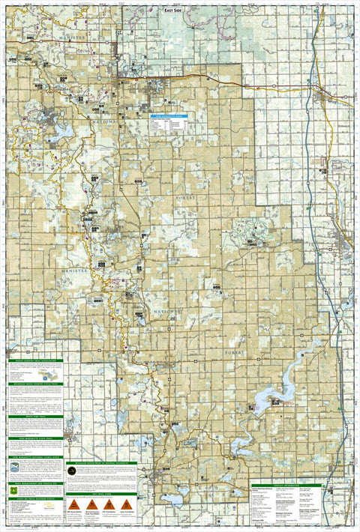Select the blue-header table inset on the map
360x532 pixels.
coord(169,124)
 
